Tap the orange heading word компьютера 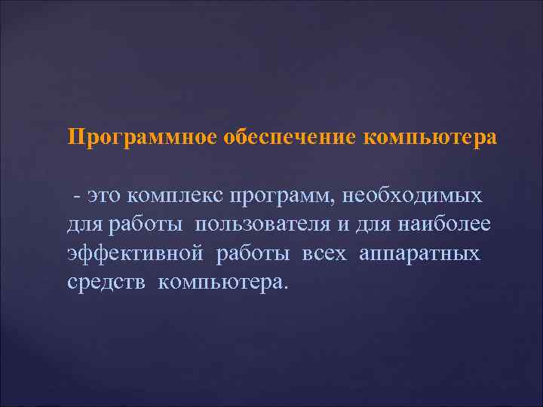click(x=431, y=138)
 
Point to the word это click(x=105, y=196)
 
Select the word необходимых click(x=413, y=196)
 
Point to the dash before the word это click(x=78, y=196)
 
